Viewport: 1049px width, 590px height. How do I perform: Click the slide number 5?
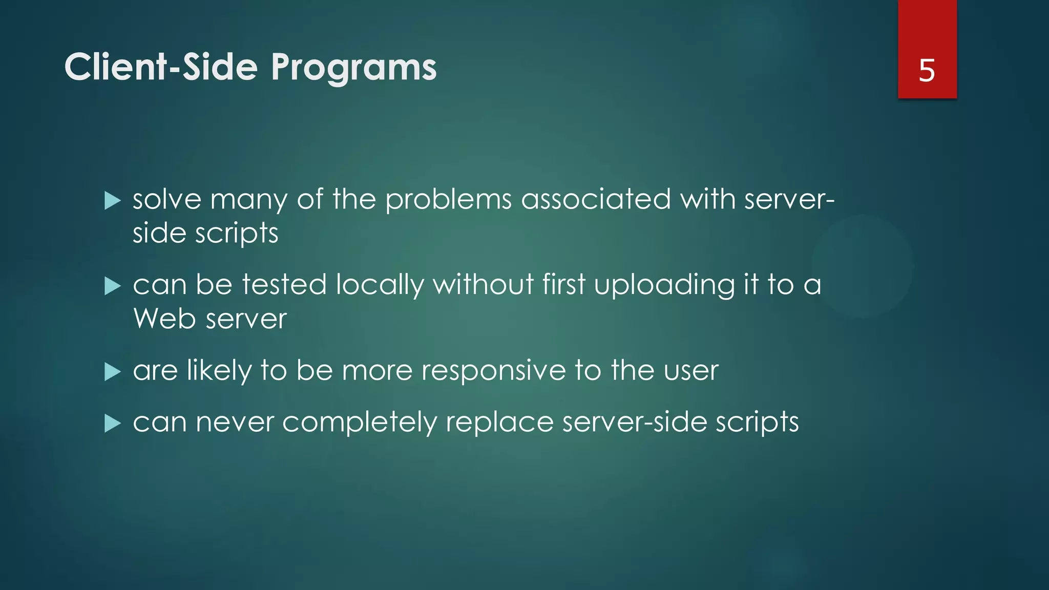[927, 70]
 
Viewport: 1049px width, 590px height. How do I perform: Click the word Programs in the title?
[353, 68]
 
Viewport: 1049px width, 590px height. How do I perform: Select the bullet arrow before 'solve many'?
[112, 201]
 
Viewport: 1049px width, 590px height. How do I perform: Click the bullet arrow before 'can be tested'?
[112, 286]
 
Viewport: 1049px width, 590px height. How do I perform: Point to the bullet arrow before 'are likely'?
[112, 372]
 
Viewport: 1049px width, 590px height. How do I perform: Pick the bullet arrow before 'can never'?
[112, 424]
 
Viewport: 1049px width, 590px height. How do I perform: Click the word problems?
[448, 200]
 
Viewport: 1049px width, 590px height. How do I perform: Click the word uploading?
[664, 285]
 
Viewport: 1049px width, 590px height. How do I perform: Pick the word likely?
[219, 371]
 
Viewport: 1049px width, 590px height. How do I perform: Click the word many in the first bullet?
[249, 200]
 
